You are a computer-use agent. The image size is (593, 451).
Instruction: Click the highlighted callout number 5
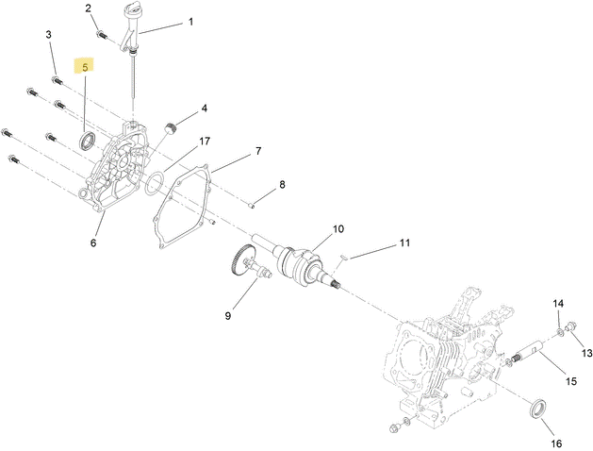click(86, 67)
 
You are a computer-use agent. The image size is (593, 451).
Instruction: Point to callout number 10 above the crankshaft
click(338, 229)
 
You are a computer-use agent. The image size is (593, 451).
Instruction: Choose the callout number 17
click(204, 142)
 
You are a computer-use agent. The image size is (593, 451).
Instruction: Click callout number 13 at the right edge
click(586, 353)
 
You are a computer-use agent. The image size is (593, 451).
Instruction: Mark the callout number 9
click(227, 316)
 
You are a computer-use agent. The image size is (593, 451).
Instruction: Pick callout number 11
click(404, 243)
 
